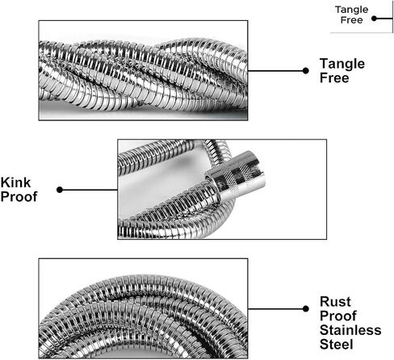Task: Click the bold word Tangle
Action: click(342, 65)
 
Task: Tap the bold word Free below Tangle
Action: click(334, 78)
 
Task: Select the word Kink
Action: click(15, 182)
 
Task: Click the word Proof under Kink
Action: click(19, 197)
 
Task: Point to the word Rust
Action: click(335, 302)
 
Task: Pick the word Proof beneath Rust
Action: click(338, 316)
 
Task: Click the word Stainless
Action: click(350, 330)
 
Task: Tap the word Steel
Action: click(337, 345)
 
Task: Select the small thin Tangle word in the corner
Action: click(351, 10)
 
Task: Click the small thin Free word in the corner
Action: click(351, 20)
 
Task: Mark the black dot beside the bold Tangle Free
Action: click(305, 71)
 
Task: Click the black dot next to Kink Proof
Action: click(60, 190)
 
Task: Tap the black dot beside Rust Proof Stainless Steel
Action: click(305, 308)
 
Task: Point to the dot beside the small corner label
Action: click(374, 19)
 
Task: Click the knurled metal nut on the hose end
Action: click(237, 174)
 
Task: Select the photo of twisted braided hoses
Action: click(143, 70)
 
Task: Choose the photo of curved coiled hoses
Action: click(143, 308)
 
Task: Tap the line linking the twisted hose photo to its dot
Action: click(275, 71)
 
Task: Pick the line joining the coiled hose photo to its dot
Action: click(275, 308)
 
